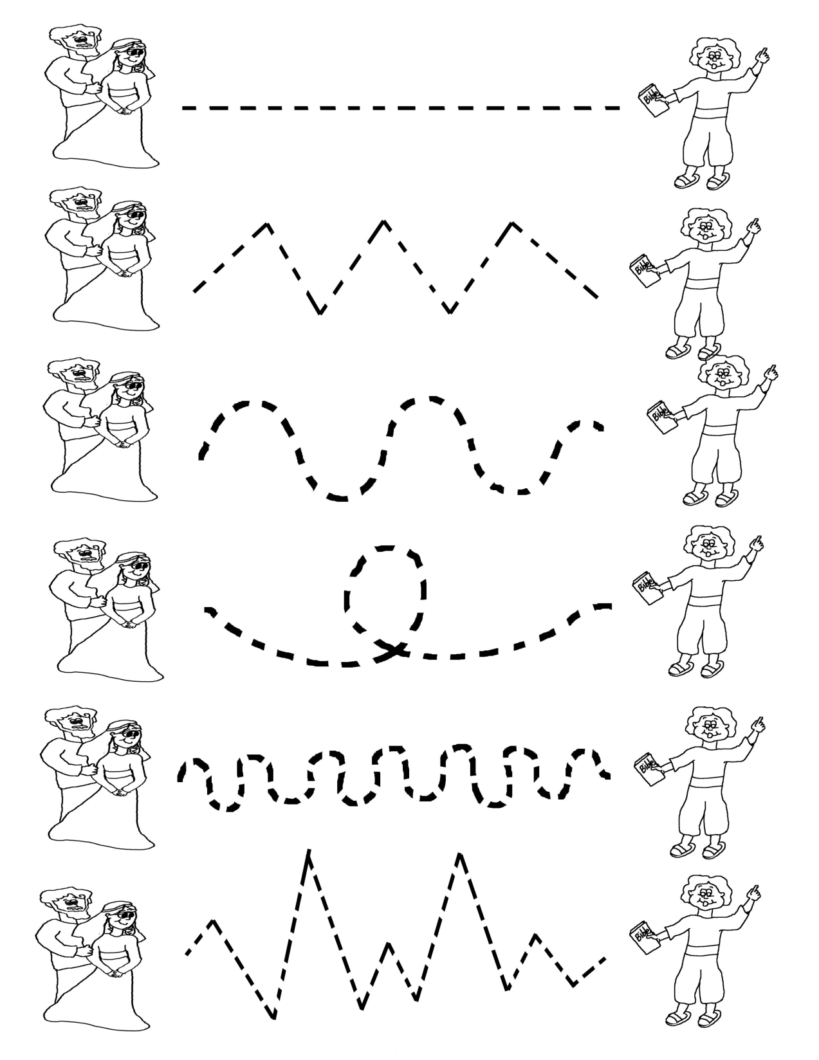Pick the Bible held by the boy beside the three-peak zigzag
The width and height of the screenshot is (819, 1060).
pyautogui.click(x=644, y=271)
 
